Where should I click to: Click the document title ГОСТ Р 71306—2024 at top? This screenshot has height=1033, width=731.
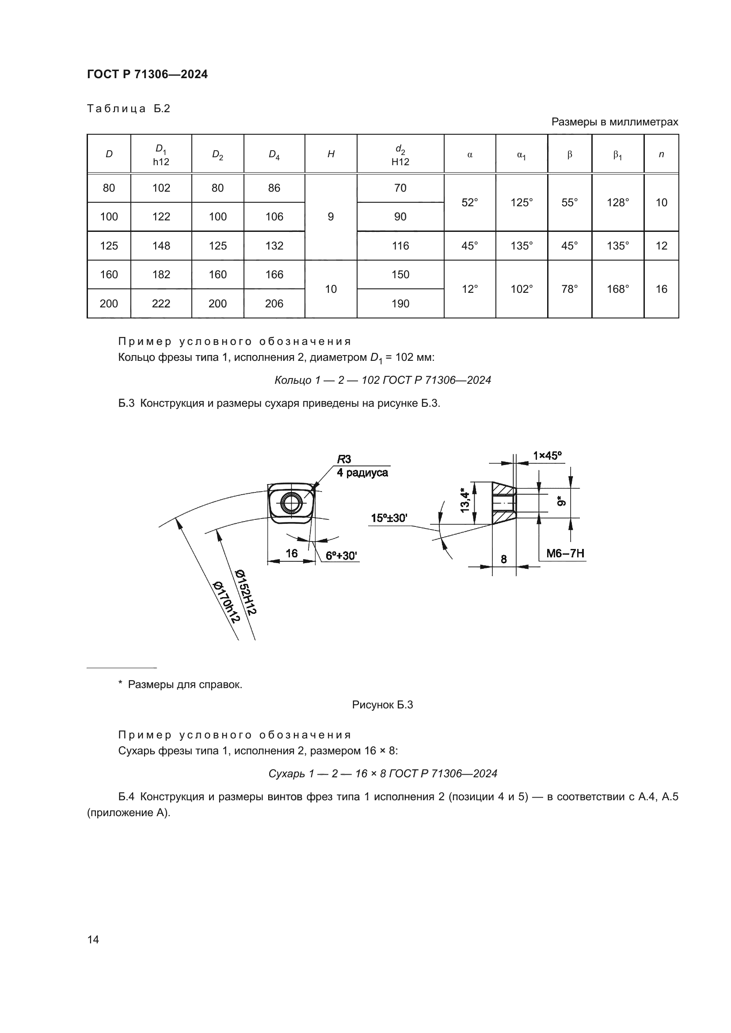(147, 74)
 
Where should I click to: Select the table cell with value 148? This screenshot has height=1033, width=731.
(161, 246)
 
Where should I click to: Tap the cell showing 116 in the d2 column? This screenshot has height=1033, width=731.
(400, 246)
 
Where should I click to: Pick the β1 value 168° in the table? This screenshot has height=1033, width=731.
(617, 289)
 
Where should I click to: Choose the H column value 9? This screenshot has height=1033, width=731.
(331, 217)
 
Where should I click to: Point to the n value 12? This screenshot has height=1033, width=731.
(661, 246)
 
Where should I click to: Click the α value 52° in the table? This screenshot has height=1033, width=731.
(469, 202)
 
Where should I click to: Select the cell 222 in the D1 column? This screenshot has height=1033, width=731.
(161, 304)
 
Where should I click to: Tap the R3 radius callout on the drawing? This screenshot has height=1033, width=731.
(344, 459)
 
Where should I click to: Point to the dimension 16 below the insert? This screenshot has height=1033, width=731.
(292, 553)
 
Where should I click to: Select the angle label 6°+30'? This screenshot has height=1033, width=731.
(341, 556)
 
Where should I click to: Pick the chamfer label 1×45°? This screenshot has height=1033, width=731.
(547, 456)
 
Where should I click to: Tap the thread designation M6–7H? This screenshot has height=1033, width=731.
(565, 553)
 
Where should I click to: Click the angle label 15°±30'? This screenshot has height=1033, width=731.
(389, 518)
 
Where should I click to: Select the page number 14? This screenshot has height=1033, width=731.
(93, 939)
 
